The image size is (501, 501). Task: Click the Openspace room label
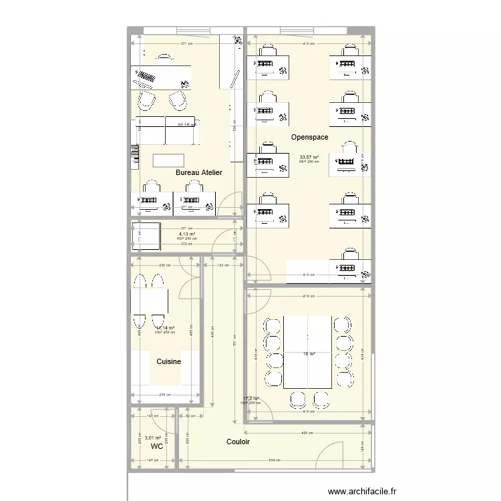[309, 137]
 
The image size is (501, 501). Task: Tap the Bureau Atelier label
[198, 172]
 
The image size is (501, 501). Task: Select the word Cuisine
[168, 361]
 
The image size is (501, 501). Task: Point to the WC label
[156, 446]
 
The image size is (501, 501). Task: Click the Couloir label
[238, 442]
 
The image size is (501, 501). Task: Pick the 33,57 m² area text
[309, 158]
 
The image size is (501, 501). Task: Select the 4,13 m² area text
[186, 234]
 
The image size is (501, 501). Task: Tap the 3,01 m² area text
[153, 438]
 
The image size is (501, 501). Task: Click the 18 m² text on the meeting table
[309, 354]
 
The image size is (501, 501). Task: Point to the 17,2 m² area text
[251, 399]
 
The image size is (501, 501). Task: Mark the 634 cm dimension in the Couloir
[274, 460]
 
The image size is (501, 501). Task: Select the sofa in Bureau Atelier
[167, 130]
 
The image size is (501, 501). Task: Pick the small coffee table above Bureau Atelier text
[168, 160]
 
